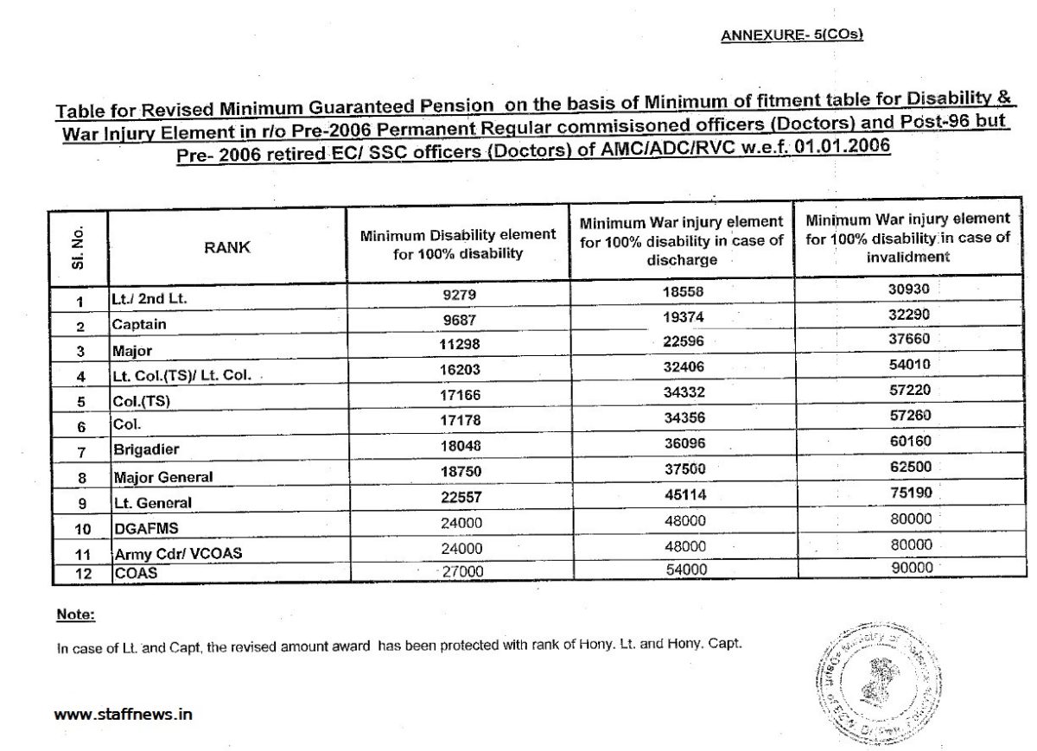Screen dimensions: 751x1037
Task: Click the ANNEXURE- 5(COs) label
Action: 792,35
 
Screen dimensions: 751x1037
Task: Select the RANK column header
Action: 227,246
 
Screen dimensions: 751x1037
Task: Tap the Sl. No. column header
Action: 79,246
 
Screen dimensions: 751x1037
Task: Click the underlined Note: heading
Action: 75,614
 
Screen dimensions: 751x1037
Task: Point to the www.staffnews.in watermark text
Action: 123,715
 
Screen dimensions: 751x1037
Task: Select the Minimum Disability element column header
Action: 457,244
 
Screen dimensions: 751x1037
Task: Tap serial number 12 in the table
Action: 79,573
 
